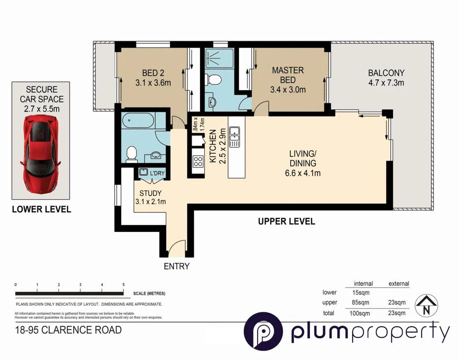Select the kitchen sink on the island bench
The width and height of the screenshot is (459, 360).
(235, 137)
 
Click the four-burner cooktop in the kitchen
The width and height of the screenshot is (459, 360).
(198, 161)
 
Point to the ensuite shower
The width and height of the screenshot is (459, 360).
(216, 59)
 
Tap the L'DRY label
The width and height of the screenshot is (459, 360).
(157, 173)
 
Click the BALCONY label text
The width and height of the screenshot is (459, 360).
(386, 73)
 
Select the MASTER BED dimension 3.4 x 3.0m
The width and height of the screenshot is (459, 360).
(288, 90)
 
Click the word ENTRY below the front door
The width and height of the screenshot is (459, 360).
(177, 266)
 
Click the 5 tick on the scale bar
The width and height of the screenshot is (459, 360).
(123, 285)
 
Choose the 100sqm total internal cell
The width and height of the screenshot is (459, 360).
(360, 313)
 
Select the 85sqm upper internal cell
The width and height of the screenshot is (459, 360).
(360, 302)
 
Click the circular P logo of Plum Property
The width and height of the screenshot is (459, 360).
(263, 331)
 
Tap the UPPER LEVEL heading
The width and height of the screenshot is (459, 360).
(286, 222)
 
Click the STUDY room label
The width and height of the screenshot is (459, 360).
(150, 193)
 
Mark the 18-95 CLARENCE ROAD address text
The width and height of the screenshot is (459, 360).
(68, 330)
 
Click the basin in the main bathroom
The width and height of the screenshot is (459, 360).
(156, 155)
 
